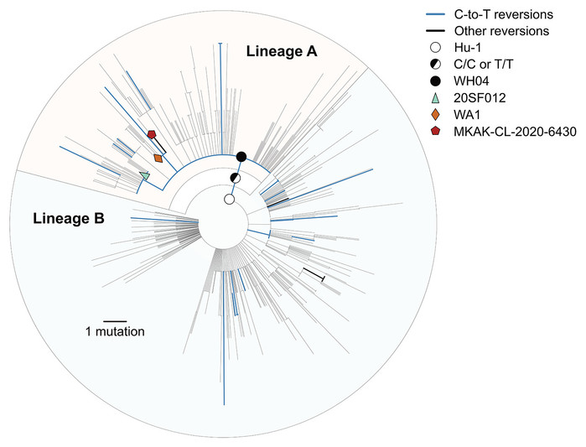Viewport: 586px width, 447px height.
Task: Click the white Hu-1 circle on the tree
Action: pos(229,200)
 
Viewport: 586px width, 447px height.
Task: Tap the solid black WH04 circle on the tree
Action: pos(241,157)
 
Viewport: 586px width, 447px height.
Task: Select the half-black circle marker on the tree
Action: pos(236,179)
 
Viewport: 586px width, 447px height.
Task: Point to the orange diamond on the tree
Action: pos(158,159)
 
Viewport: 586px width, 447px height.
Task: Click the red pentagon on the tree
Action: pos(152,134)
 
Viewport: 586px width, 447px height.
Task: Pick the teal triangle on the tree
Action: pos(144,175)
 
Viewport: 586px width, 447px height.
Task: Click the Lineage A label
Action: pos(282,51)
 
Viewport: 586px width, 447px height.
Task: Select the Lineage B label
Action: pos(69,218)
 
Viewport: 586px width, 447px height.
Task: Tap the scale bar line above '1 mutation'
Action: pos(115,321)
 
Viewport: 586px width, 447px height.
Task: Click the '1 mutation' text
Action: pos(115,331)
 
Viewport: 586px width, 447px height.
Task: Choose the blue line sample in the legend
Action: pos(436,14)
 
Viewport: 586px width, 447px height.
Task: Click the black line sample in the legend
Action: pos(436,31)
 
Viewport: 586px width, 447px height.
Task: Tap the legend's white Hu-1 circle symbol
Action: pos(436,48)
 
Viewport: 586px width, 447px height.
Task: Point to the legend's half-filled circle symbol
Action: pos(436,65)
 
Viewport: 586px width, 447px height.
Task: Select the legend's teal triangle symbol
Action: pos(436,98)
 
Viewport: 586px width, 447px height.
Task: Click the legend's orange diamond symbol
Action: pos(436,114)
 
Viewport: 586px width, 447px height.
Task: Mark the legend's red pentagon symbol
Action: pos(436,131)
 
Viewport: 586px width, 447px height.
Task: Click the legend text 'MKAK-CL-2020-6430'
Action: pos(515,132)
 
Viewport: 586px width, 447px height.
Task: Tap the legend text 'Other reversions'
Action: pos(501,31)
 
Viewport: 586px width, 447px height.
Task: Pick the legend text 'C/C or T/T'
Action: pos(484,65)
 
